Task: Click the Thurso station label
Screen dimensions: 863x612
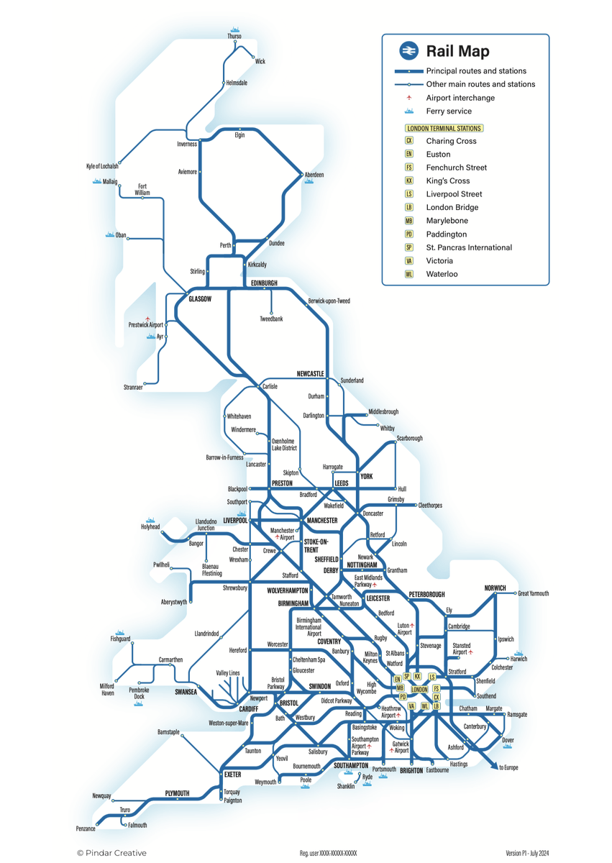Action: pos(234,36)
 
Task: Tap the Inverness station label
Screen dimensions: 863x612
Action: pos(187,144)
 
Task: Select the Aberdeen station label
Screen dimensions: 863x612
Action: pos(314,175)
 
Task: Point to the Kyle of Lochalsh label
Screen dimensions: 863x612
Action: pos(102,166)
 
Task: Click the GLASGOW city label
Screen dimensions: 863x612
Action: pos(200,298)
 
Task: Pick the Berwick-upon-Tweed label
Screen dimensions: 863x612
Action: pos(329,301)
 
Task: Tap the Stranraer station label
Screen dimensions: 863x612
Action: pos(133,388)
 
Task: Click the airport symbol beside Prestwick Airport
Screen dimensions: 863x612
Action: pos(147,319)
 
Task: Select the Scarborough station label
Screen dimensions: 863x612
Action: pos(409,438)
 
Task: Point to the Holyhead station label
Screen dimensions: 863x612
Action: pos(150,527)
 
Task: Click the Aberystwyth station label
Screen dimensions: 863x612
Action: pos(174,602)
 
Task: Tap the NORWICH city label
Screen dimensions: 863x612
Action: pos(495,588)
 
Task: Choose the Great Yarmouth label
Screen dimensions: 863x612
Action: pos(534,593)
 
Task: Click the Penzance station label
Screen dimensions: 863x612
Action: pos(86,829)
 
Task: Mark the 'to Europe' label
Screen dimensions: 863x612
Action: pos(508,768)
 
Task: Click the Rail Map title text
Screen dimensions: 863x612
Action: pos(457,51)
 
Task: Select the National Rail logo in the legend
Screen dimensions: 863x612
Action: pos(408,51)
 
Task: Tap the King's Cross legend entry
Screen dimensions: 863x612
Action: pos(447,181)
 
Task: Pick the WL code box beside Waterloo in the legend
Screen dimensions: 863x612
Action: pos(408,274)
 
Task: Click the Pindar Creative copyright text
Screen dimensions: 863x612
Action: pos(111,853)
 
